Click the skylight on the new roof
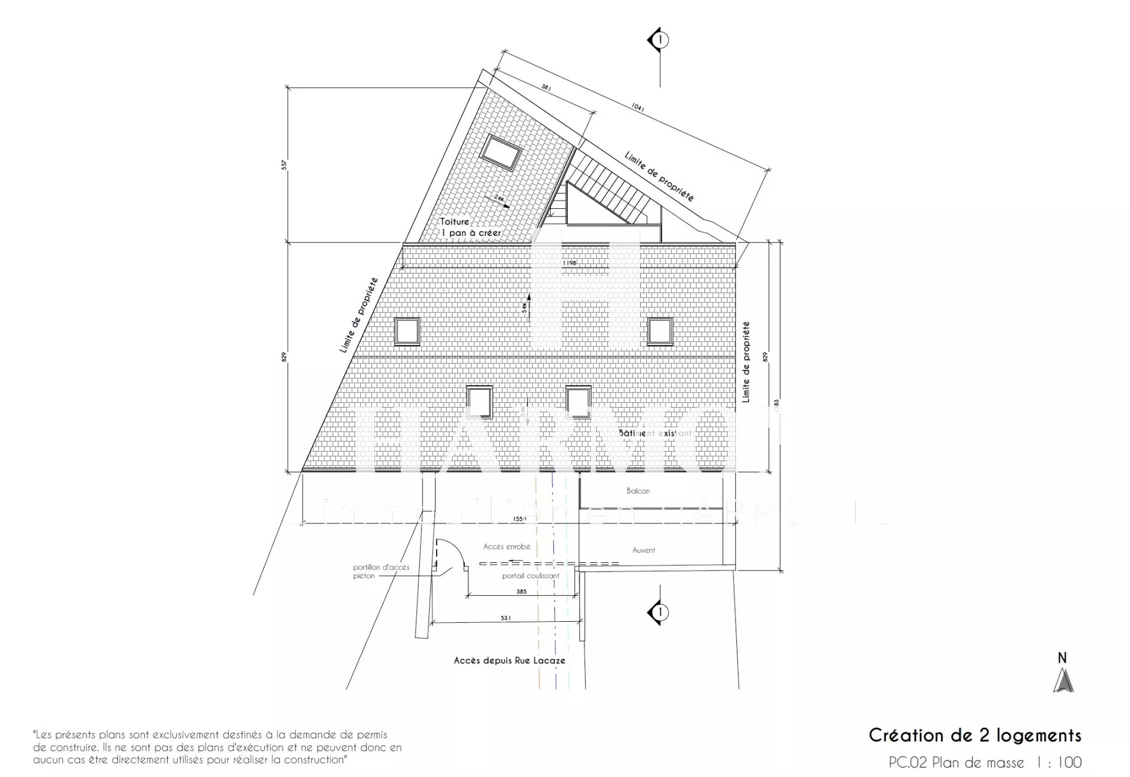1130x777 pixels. (500, 152)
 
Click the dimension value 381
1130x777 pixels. (546, 88)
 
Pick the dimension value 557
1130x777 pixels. (284, 165)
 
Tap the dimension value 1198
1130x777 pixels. (570, 263)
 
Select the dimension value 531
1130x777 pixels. (506, 618)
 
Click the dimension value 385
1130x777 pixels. (521, 592)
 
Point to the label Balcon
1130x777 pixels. (638, 491)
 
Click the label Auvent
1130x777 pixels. (643, 551)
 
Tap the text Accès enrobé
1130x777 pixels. (507, 546)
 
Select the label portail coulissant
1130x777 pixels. (530, 576)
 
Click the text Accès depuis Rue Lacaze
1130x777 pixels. (510, 661)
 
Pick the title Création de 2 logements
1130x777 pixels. (975, 735)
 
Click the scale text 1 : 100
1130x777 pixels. (1059, 763)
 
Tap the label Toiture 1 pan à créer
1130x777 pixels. (471, 227)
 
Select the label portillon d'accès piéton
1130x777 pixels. (381, 572)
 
